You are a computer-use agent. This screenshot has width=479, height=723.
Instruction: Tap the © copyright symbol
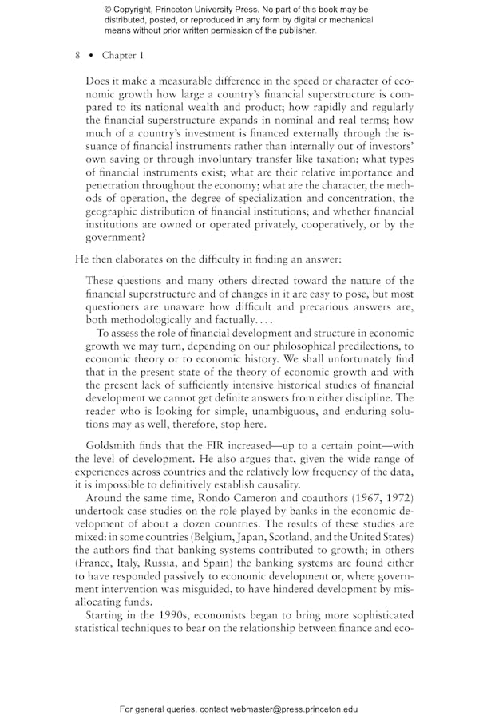[108, 10]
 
